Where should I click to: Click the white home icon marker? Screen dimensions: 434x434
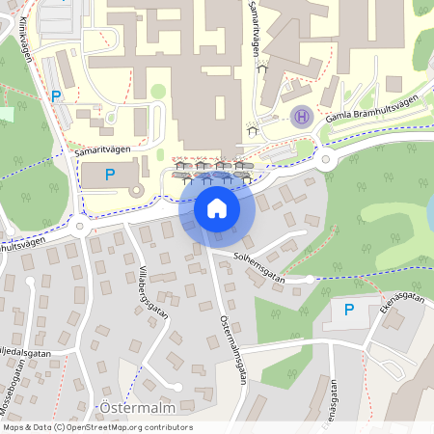tap(216, 207)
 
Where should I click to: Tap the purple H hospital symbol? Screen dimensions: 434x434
tap(301, 118)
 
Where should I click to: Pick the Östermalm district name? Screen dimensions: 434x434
tap(126, 409)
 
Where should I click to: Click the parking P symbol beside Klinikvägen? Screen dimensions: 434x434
tap(55, 96)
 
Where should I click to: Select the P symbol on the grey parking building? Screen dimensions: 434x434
tap(109, 175)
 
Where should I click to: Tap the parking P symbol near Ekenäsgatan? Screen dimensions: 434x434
tap(348, 311)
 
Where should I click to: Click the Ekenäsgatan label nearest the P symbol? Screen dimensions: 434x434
tap(388, 303)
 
